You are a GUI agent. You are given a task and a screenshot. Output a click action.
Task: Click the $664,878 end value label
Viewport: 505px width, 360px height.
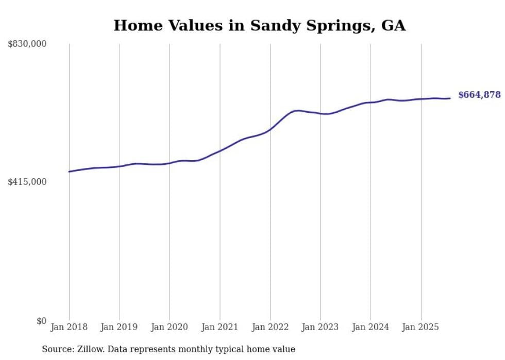[x=479, y=95]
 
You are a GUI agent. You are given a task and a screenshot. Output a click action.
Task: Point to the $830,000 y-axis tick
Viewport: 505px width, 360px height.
[x=27, y=44]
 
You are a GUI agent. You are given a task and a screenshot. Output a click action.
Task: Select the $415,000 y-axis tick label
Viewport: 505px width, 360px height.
[x=27, y=182]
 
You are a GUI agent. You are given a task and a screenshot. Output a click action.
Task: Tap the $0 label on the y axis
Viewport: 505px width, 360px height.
[x=41, y=321]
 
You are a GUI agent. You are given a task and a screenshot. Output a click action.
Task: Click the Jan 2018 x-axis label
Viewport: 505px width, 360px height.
[x=69, y=327]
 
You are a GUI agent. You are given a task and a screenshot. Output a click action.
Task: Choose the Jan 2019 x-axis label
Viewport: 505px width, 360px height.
[x=120, y=327]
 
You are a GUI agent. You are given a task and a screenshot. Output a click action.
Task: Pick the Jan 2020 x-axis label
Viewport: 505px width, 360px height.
[x=170, y=327]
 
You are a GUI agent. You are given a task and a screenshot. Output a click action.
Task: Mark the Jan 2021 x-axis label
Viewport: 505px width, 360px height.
[x=220, y=327]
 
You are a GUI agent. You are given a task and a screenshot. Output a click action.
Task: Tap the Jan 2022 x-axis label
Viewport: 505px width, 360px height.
[x=270, y=327]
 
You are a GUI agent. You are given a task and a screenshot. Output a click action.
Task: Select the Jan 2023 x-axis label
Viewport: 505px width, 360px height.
[x=320, y=327]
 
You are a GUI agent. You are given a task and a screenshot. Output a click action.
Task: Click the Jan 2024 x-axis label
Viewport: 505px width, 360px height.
[x=371, y=327]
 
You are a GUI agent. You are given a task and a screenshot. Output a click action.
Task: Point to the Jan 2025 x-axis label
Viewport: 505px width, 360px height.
[x=420, y=327]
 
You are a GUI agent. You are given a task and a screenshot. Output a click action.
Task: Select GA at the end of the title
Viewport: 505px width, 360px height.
[x=393, y=26]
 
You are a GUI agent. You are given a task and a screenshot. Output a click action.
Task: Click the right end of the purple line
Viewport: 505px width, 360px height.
[x=450, y=98]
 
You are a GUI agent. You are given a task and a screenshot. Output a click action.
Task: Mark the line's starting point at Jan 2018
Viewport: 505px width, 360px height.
[x=69, y=172]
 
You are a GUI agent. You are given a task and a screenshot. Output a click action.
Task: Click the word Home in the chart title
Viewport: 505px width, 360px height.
[x=135, y=26]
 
